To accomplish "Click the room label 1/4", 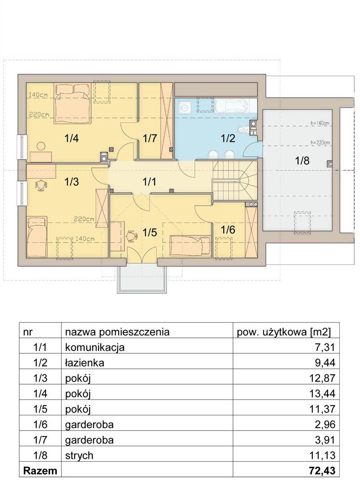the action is [x=72, y=138].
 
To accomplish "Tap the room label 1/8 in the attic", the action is [x=302, y=161].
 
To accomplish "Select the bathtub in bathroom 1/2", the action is [x=232, y=106].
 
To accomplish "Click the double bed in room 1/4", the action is [x=73, y=103].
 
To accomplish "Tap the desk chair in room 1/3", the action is [x=41, y=185].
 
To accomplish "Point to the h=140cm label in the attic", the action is [x=320, y=123].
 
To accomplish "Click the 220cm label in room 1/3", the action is [x=84, y=219].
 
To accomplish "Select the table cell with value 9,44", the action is [x=286, y=362].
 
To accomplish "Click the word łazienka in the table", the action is [x=85, y=362].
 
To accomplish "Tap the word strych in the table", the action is [x=79, y=455].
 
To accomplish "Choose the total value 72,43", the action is [x=322, y=471].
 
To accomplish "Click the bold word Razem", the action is [x=40, y=471].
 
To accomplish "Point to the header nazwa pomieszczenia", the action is [x=117, y=332].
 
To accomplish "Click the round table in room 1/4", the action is [x=41, y=145].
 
